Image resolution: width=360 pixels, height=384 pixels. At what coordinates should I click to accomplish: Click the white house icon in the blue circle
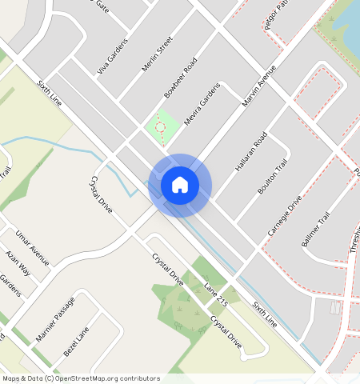[x=180, y=185]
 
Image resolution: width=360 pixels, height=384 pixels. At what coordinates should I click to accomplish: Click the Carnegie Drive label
[x=286, y=214]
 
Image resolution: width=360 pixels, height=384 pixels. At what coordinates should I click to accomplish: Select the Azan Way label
[x=18, y=262]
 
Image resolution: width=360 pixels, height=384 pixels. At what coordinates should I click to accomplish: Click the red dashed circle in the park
[x=159, y=126]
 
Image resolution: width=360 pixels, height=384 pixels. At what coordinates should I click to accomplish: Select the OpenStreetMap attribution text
[x=81, y=378]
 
